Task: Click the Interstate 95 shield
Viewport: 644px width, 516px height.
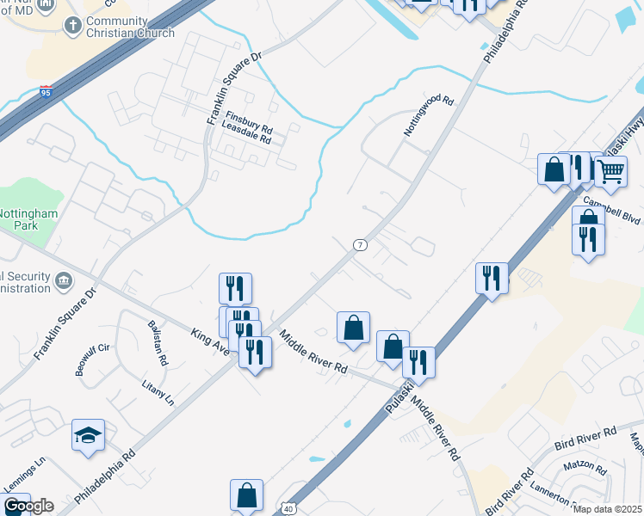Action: [44, 92]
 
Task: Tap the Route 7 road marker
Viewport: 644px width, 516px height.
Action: [360, 245]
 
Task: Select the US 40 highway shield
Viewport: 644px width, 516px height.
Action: [288, 509]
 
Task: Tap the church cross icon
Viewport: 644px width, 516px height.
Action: [73, 26]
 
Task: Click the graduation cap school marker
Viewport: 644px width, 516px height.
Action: [88, 435]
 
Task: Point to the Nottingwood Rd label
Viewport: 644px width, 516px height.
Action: [428, 117]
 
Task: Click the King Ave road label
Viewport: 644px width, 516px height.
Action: [209, 341]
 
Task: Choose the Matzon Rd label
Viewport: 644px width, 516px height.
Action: [586, 470]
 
